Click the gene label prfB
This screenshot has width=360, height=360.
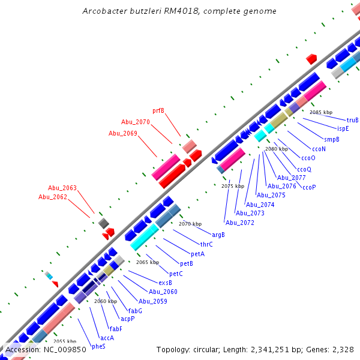(x=158, y=110)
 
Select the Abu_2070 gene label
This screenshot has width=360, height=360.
(x=135, y=122)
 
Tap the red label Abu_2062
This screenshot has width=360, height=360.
(x=53, y=197)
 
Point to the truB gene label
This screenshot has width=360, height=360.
(x=353, y=120)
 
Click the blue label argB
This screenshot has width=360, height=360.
(x=218, y=235)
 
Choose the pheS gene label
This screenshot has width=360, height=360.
(x=98, y=346)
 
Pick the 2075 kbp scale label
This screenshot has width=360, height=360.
(x=233, y=187)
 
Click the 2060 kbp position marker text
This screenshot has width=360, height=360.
(x=105, y=301)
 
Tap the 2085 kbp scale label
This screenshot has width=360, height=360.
(x=320, y=112)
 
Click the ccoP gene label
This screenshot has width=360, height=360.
(x=309, y=187)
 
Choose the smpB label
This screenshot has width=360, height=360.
(x=332, y=139)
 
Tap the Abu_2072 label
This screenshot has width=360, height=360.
(x=240, y=223)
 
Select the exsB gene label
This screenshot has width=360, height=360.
(x=165, y=283)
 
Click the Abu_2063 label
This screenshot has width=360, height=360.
(x=62, y=188)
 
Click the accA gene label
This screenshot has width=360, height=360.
(x=107, y=338)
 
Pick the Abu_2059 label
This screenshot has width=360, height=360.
(x=153, y=301)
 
